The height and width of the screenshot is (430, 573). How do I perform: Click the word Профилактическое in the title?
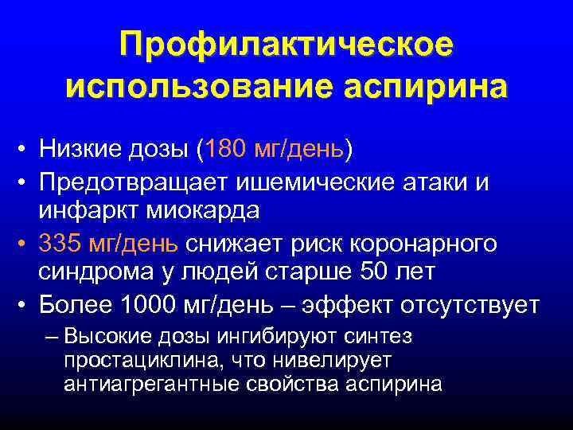tap(286, 44)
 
